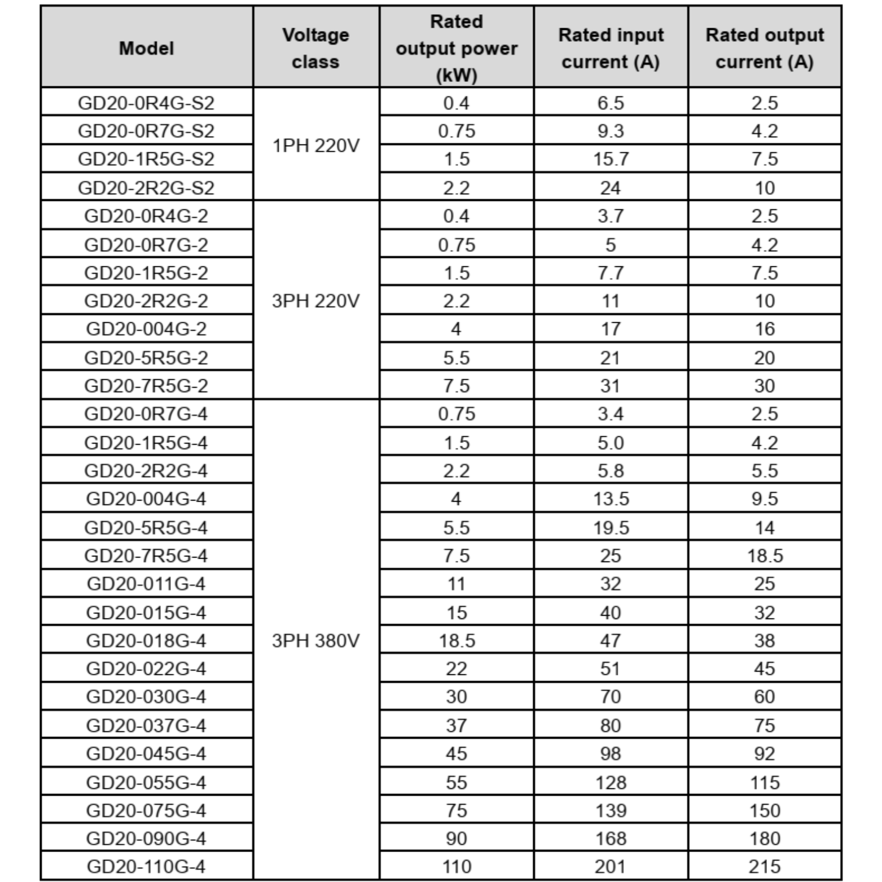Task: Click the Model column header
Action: pos(147,49)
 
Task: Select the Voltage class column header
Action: pos(315,49)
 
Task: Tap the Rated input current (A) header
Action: pos(611,49)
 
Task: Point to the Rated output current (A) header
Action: pos(765,49)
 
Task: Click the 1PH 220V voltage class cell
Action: pos(315,146)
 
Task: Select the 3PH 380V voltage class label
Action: pos(315,641)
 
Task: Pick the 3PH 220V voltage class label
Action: pos(315,301)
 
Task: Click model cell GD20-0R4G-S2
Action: pos(146,103)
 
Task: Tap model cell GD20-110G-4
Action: pos(146,866)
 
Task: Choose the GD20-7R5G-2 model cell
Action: pos(146,386)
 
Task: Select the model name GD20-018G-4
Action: pos(146,640)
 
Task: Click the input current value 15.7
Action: pos(611,159)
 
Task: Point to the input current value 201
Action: pos(611,866)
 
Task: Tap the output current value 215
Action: pos(765,866)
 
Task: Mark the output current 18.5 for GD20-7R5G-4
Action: pos(765,556)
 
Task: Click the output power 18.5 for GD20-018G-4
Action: pos(457,640)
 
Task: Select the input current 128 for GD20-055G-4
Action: pos(611,782)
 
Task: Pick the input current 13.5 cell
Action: pos(611,499)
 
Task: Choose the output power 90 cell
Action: pos(457,838)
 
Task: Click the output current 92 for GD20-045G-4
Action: pos(765,753)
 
